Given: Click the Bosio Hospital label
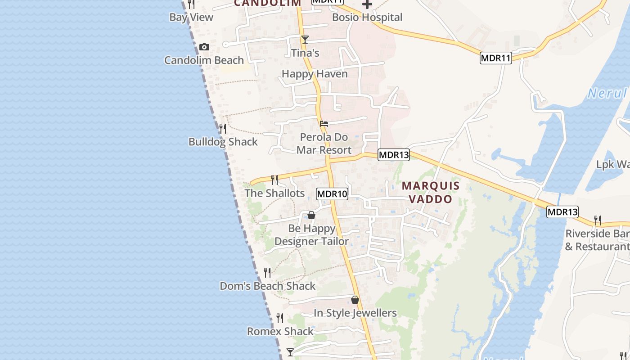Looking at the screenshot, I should pos(367,18).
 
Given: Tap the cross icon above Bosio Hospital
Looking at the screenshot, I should pos(367,4).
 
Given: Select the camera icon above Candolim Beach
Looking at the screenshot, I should pos(204,47).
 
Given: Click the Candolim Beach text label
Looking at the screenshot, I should pos(204,60).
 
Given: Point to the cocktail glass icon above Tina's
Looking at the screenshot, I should pos(305,40).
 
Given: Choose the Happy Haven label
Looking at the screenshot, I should pos(315,74).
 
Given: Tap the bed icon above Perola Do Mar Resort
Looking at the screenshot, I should pos(324,124).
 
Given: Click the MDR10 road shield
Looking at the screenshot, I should pos(332,194).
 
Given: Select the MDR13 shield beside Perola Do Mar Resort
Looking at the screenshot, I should pos(394,155).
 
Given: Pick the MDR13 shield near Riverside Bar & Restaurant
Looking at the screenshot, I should pos(562,212).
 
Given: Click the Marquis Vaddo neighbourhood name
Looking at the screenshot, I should pos(431,192).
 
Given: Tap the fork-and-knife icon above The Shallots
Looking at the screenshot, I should pos(274,180).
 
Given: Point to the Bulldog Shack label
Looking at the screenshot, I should pos(223,142).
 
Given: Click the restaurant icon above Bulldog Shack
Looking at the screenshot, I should pos(223,129).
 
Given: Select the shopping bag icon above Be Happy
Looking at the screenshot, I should pos(311,216).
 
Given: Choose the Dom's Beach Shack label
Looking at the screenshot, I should pos(268,286).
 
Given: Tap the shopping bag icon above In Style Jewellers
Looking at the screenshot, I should pos(355,300).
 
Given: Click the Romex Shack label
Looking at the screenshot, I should pos(280,332).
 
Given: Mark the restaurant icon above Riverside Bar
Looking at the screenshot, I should pos(598,220).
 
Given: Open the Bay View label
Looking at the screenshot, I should pos(191,18).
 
